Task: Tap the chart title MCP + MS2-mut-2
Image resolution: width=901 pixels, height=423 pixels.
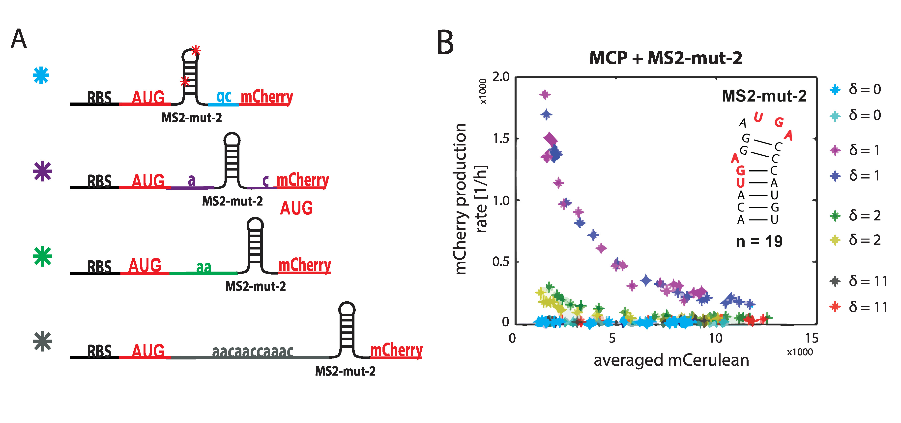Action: [666, 58]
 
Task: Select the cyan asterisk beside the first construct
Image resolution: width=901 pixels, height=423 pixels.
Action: [41, 75]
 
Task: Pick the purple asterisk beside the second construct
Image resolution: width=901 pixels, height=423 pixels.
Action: [42, 171]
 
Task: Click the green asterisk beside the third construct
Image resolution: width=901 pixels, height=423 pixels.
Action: [42, 256]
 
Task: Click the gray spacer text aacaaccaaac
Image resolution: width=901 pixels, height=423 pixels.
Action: [253, 351]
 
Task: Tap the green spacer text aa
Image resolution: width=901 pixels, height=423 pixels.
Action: [203, 267]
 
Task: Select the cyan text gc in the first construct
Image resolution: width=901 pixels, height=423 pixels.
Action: [224, 96]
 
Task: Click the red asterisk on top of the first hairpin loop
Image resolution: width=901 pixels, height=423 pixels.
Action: [196, 50]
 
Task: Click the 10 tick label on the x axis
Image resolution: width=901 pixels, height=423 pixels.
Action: [716, 338]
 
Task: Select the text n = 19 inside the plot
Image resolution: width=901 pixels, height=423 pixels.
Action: [759, 241]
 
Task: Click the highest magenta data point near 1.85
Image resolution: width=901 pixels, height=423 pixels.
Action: [545, 94]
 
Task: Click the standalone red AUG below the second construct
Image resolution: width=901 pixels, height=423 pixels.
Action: [296, 208]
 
